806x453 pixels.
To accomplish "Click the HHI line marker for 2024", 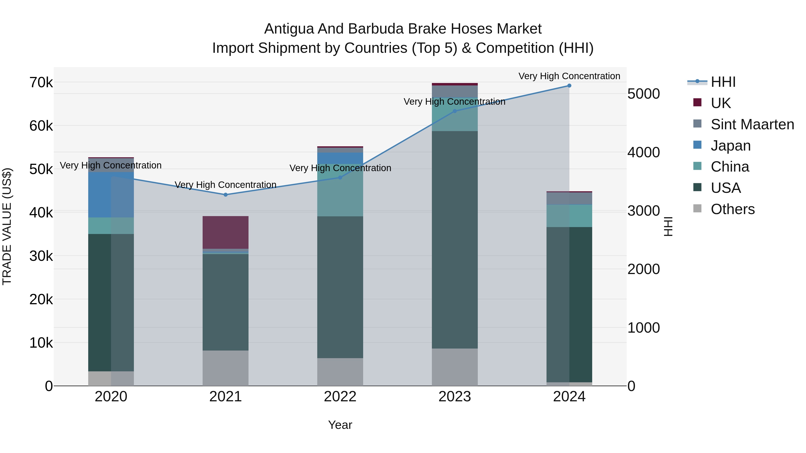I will click(x=569, y=86).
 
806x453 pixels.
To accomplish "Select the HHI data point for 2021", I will click(x=226, y=195).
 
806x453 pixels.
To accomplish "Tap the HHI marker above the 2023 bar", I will click(x=455, y=111).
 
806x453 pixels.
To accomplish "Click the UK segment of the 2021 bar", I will click(x=226, y=232).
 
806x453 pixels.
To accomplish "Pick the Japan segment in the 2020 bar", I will click(x=111, y=195).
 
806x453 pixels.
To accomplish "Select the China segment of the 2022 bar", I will click(x=340, y=190).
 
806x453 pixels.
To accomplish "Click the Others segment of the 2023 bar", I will click(x=455, y=367).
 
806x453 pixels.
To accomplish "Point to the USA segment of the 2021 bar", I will click(x=226, y=302).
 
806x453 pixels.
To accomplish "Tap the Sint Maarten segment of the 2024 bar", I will click(x=569, y=198).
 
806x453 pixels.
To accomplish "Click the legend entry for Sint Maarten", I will click(x=752, y=124).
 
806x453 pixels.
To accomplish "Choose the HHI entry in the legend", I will click(x=723, y=82).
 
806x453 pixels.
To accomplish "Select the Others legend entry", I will click(x=732, y=209).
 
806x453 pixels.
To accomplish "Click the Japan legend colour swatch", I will click(x=697, y=145).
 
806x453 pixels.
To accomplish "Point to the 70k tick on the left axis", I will click(x=41, y=83).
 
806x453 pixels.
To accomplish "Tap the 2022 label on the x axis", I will click(x=340, y=397).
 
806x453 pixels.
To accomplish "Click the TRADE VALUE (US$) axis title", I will click(x=7, y=226).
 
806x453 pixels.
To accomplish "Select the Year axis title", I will click(x=340, y=425).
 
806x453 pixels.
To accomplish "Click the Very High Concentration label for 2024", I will click(x=569, y=76).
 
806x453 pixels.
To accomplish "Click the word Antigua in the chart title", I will click(x=289, y=29).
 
